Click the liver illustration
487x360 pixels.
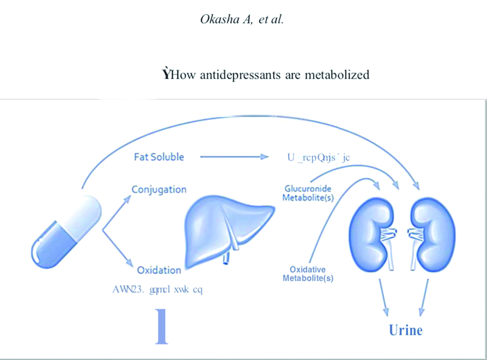click(227, 227)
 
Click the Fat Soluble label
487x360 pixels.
click(159, 157)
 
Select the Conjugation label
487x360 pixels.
click(159, 190)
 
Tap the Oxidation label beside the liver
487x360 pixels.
click(159, 270)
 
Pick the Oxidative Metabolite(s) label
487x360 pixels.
click(308, 274)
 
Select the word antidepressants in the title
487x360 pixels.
click(242, 75)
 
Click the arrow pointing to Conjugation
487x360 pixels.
click(117, 209)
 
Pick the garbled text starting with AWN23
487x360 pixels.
click(157, 289)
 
